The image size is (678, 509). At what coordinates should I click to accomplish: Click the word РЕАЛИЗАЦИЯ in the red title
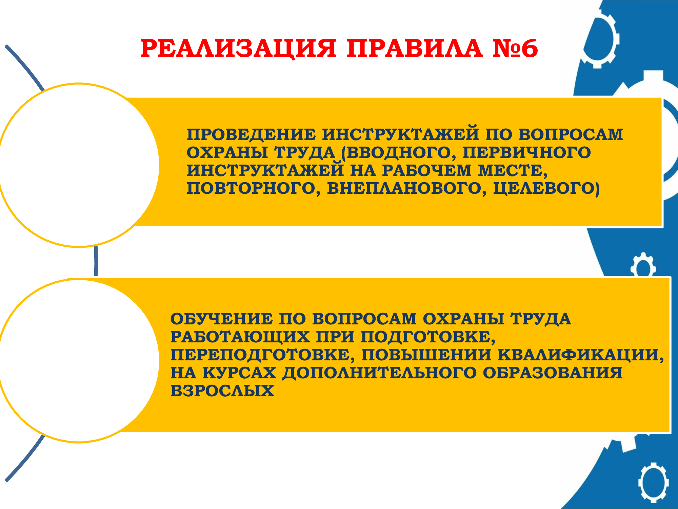click(238, 48)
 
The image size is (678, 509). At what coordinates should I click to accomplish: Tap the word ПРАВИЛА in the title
click(414, 48)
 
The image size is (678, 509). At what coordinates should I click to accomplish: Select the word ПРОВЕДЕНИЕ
click(251, 134)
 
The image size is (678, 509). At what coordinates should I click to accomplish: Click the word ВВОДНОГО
click(399, 153)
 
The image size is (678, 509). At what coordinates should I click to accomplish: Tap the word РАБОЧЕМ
click(427, 170)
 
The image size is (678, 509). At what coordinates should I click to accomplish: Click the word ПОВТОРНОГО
click(251, 188)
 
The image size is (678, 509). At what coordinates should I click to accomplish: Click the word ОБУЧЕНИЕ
click(221, 319)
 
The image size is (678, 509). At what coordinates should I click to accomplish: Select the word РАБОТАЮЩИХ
click(240, 337)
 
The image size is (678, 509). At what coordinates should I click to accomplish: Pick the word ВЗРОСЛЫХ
click(222, 391)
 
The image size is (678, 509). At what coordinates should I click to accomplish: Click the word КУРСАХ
click(239, 373)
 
